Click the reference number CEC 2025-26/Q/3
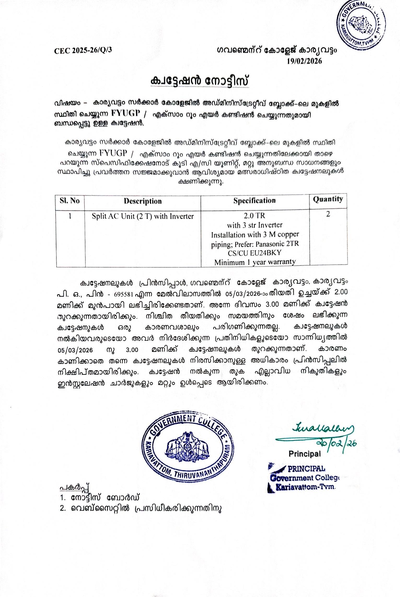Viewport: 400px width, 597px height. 83,50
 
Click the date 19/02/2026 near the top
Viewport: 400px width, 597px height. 304,61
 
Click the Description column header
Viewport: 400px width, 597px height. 143,201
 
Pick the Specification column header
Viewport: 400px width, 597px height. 254,200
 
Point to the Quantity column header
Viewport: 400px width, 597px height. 328,199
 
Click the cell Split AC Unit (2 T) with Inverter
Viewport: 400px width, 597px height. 143,216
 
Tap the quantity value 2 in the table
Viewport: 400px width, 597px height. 328,214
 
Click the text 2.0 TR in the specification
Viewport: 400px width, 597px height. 254,216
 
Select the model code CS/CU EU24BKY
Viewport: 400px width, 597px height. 254,253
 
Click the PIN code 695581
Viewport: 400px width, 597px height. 124,295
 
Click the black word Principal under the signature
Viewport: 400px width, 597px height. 304,454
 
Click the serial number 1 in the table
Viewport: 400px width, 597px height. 70,216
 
